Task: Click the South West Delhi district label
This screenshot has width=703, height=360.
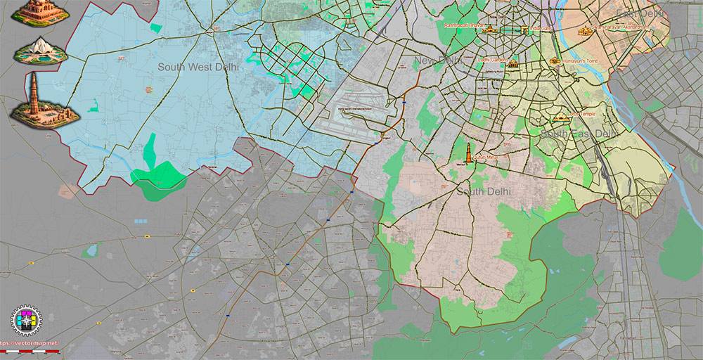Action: [198, 67]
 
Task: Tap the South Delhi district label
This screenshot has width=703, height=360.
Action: [484, 191]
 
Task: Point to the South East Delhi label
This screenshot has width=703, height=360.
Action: [579, 133]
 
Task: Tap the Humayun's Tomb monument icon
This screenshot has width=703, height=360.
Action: [555, 61]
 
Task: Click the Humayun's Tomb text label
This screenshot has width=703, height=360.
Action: [582, 61]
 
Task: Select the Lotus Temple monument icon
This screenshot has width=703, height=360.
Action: [560, 117]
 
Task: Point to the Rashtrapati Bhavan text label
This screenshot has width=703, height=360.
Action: [463, 25]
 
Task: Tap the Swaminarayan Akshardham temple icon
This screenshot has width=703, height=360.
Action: [584, 30]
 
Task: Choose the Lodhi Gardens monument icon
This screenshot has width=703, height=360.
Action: [512, 64]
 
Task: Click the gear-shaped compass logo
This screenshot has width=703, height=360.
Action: [27, 321]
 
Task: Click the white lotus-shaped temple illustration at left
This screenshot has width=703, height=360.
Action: [40, 50]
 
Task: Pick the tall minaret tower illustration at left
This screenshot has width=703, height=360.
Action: [34, 98]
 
